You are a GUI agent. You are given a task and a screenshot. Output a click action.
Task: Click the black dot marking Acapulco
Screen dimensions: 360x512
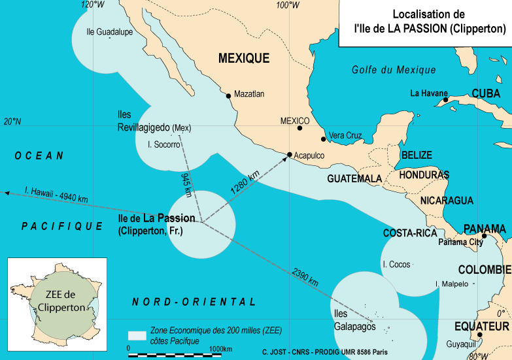pyautogui.click(x=290, y=155)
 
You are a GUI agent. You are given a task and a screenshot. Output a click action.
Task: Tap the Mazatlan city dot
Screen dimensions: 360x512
pyautogui.click(x=228, y=96)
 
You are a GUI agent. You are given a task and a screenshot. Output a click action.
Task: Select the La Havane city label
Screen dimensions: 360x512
pyautogui.click(x=428, y=93)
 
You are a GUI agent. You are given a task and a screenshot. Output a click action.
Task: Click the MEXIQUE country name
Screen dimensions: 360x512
pyautogui.click(x=243, y=58)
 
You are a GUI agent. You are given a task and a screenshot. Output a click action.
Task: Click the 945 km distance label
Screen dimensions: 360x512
pyautogui.click(x=186, y=185)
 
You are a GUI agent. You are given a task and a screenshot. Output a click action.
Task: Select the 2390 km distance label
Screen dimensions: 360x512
pyautogui.click(x=305, y=277)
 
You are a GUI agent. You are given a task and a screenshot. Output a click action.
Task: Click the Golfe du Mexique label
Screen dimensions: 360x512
pyautogui.click(x=393, y=70)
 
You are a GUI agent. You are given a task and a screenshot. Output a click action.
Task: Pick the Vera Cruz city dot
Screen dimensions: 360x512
pyautogui.click(x=323, y=139)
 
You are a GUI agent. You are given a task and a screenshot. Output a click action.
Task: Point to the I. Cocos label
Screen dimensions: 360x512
pyautogui.click(x=396, y=265)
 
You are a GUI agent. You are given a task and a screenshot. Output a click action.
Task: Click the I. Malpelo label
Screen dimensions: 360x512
pyautogui.click(x=451, y=284)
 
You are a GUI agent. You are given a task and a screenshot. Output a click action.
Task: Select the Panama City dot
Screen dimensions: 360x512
pyautogui.click(x=485, y=236)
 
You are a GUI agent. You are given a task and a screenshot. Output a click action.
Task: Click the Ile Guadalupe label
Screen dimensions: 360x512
pyautogui.click(x=109, y=31)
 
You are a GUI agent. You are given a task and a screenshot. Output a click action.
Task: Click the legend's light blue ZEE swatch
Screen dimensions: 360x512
pyautogui.click(x=137, y=335)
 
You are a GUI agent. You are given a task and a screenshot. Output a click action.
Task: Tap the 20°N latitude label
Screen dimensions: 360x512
pyautogui.click(x=12, y=122)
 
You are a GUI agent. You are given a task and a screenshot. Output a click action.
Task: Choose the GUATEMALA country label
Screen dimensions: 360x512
pyautogui.click(x=354, y=178)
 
